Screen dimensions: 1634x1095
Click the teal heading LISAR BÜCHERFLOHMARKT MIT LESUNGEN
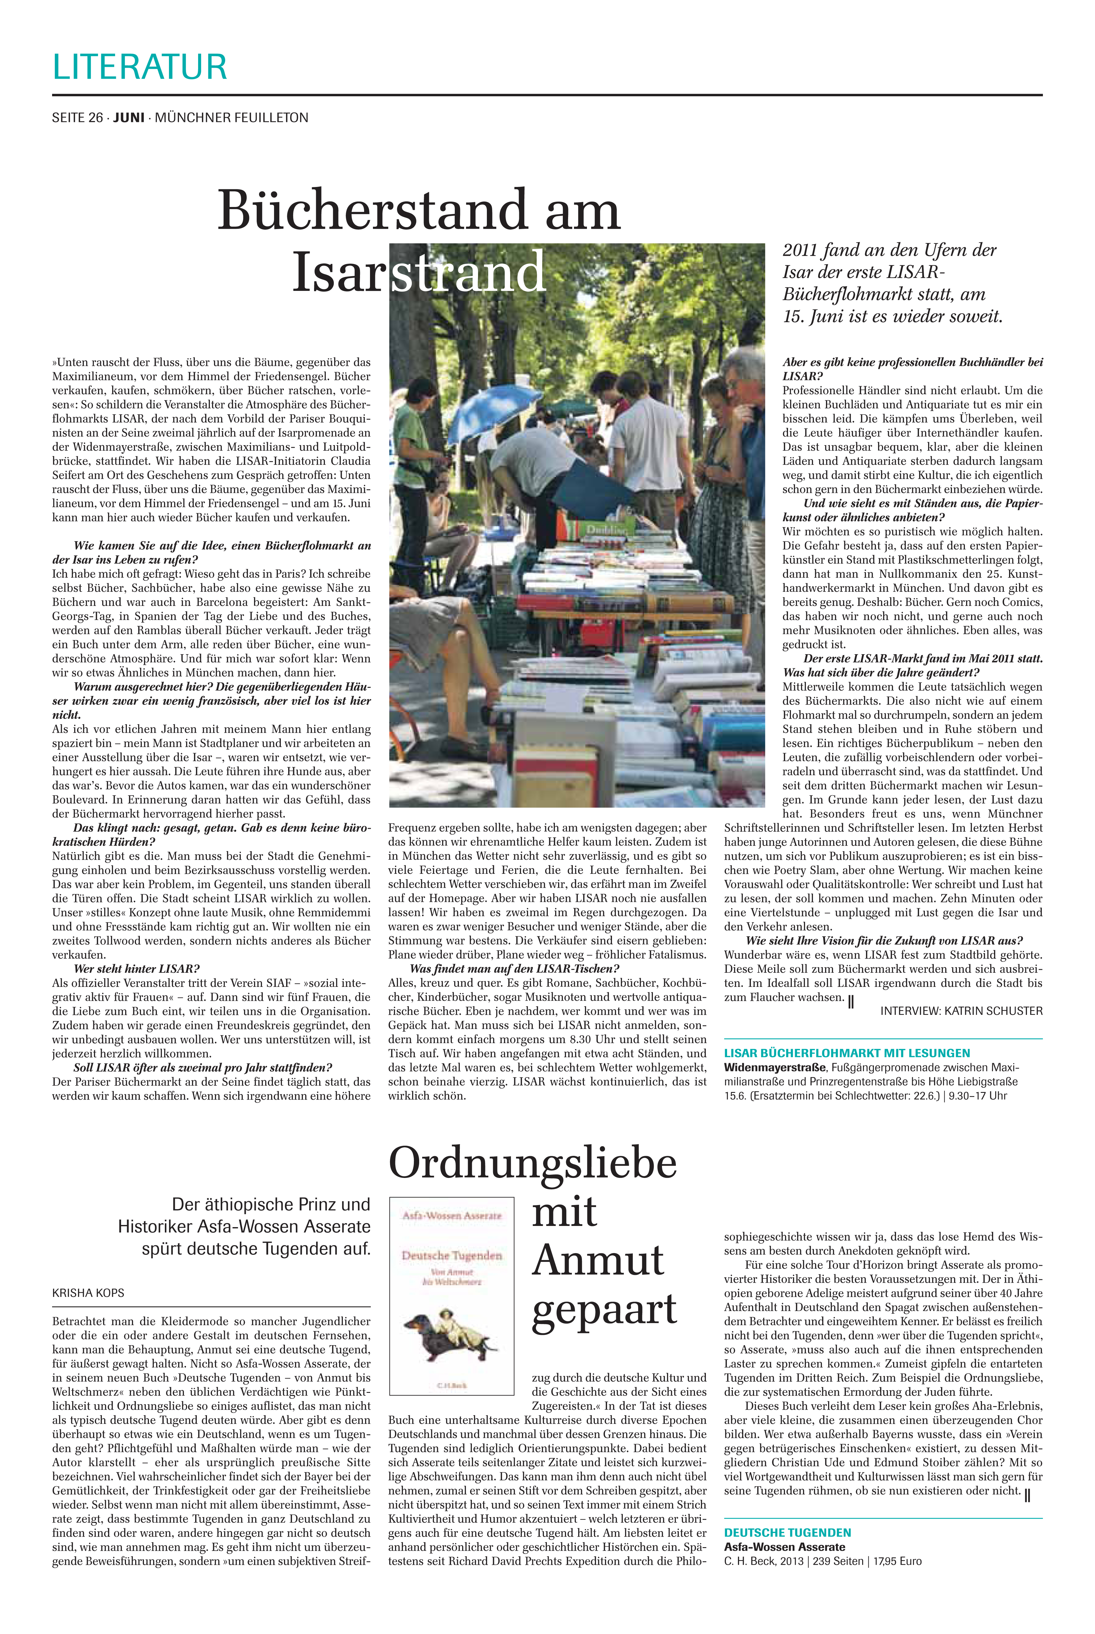847,1053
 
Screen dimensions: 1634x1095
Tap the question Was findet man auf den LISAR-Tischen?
514,969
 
